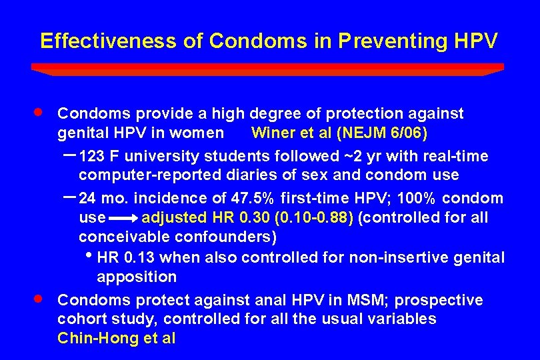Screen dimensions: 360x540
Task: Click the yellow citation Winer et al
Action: [x=292, y=133]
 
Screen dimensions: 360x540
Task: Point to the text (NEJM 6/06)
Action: [x=383, y=133]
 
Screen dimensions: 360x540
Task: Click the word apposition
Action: [x=137, y=277]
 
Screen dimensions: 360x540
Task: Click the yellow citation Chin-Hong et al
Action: [x=117, y=338]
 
